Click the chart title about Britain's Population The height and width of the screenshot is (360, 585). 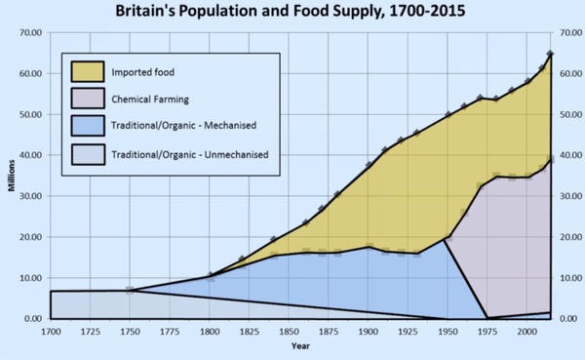click(292, 13)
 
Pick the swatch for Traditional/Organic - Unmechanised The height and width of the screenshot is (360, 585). click(89, 154)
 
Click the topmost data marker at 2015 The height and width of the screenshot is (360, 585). click(551, 54)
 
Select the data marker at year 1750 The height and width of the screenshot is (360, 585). click(130, 290)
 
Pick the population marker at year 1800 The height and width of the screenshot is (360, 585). click(207, 275)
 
